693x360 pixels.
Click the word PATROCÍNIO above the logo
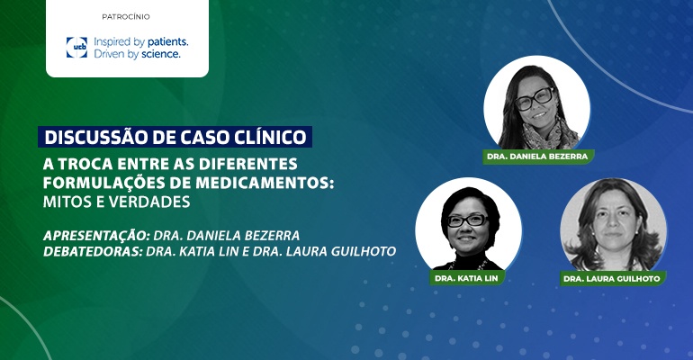point(126,17)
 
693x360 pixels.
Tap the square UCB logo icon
point(76,48)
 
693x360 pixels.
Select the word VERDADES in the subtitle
point(149,202)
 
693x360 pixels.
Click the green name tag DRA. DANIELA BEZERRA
point(538,157)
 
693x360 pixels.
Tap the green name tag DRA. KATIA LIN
point(467,278)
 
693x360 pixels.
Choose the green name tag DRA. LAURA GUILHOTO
point(613,279)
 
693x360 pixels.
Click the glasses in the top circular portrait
point(534,98)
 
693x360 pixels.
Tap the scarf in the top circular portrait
point(549,136)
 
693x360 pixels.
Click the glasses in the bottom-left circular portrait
point(467,220)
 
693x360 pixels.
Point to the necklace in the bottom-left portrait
point(469,265)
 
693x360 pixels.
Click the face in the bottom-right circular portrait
point(615,221)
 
